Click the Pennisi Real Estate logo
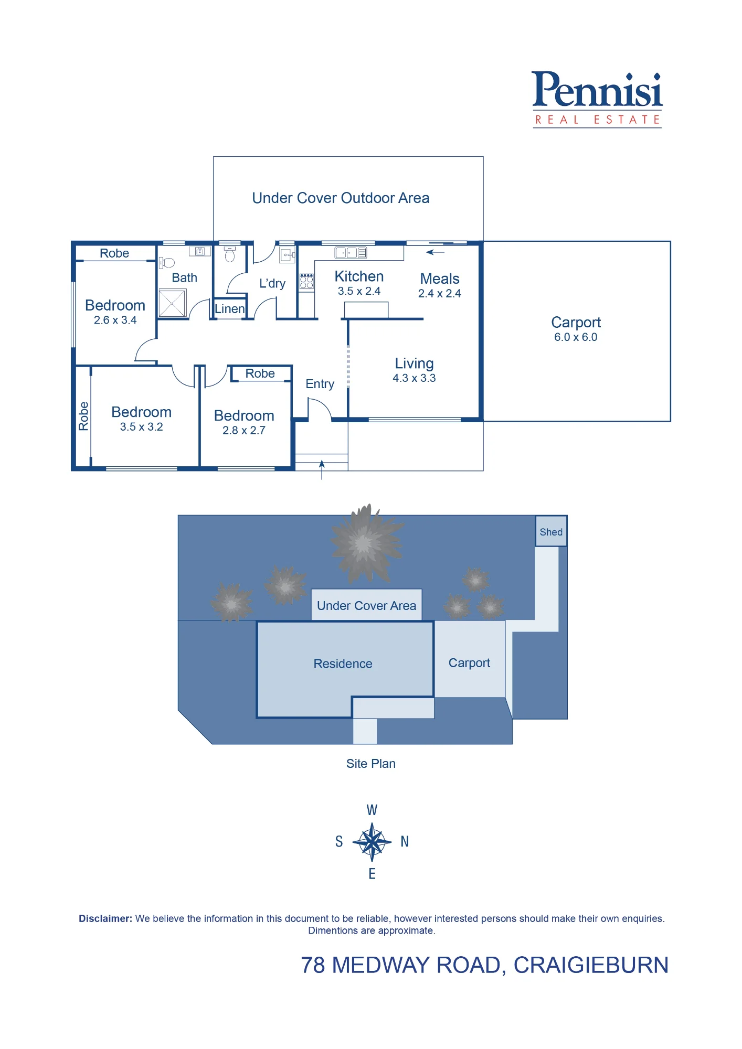click(597, 99)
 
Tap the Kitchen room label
click(359, 276)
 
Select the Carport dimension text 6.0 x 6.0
click(576, 337)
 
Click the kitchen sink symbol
click(351, 253)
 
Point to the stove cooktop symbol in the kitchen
click(306, 282)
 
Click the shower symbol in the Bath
click(173, 303)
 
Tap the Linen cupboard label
click(230, 309)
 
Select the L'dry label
click(272, 284)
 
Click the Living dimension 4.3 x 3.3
click(414, 378)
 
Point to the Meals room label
click(440, 279)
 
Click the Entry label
click(320, 384)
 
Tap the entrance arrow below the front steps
click(322, 470)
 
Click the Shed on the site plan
click(551, 531)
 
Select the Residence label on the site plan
click(343, 664)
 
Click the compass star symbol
click(372, 842)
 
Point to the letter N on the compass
click(405, 842)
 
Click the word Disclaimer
click(105, 918)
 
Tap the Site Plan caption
click(370, 764)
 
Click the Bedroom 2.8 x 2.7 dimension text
click(244, 431)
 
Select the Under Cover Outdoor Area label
click(341, 198)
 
